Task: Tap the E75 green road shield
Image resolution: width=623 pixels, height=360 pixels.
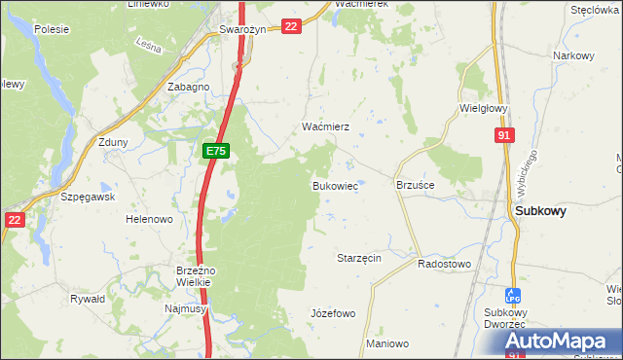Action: (x=216, y=151)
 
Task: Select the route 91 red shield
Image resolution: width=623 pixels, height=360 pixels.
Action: (x=503, y=137)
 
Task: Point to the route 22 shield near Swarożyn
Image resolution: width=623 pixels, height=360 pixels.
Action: (x=291, y=26)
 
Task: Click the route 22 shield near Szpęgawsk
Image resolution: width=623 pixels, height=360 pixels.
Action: (x=14, y=220)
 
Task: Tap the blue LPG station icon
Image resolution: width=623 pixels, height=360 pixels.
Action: (x=513, y=294)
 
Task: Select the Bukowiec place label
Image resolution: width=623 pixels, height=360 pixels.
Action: (x=335, y=185)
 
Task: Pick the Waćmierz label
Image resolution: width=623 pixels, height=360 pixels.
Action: (x=318, y=127)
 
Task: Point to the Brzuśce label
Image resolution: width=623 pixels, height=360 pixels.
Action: (x=415, y=184)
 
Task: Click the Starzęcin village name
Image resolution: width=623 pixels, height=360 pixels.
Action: (x=358, y=258)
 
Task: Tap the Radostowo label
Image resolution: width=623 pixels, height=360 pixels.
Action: (x=444, y=264)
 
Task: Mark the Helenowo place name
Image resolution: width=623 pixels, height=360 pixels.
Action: (x=149, y=219)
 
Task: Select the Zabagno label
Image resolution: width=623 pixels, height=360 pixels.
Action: (x=188, y=87)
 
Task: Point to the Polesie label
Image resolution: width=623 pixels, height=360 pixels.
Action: (x=52, y=29)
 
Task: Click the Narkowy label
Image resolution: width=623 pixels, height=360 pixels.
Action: (x=573, y=55)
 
